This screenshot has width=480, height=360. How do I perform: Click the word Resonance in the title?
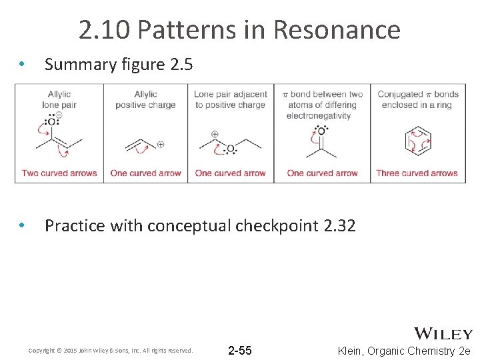point(337,30)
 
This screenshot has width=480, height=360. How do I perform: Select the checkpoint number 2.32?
point(339,226)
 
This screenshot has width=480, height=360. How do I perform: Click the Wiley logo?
point(443,333)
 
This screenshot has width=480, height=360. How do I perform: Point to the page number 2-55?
point(240,351)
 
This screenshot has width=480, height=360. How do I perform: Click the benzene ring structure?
point(417,141)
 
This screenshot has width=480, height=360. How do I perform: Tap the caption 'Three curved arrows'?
point(417,173)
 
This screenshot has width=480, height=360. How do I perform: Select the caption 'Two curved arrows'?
point(59,173)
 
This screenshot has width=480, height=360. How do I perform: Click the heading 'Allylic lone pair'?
point(59,99)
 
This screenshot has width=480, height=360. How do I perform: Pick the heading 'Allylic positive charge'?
point(145,99)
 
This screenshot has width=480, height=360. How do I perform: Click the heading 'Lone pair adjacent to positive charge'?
point(231,99)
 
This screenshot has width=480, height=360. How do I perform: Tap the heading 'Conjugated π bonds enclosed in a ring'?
point(418,99)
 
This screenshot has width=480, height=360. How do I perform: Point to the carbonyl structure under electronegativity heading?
point(321,142)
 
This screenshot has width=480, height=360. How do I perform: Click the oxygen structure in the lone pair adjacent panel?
point(231,146)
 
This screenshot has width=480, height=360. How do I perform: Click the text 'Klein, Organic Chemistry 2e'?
point(404,351)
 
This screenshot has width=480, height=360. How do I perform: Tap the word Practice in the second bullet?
point(75,226)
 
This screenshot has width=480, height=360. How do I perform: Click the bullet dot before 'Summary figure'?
point(22,65)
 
